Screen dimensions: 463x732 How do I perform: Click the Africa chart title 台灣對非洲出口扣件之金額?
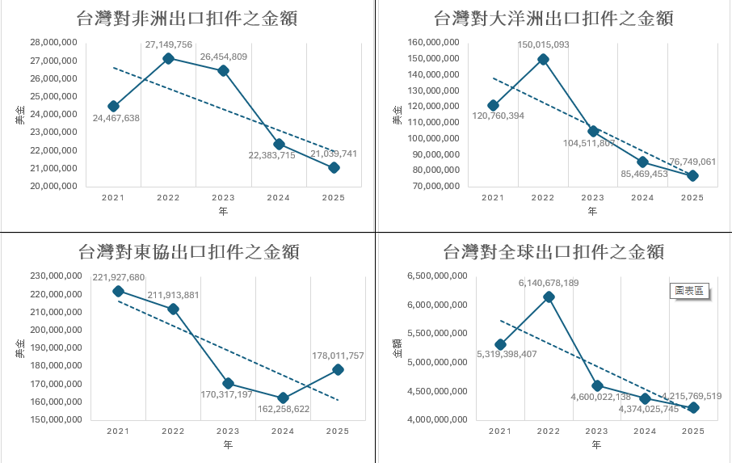pos(187,19)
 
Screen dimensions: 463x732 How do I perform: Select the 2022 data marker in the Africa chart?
pos(168,58)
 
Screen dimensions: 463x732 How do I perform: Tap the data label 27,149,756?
pos(168,44)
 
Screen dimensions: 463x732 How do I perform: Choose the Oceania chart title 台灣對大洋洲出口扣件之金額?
pos(553,19)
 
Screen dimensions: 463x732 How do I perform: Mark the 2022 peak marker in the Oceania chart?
pos(543,59)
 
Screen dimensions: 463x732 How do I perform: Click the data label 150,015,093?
pos(543,44)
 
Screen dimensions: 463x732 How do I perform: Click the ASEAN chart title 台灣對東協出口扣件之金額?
pos(189,252)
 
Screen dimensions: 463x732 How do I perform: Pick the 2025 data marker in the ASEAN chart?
pos(338,369)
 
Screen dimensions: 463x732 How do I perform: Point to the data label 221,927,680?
pos(118,277)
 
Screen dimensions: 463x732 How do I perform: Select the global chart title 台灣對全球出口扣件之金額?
pos(554,252)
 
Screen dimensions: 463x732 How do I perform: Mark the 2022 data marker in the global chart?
pos(549,297)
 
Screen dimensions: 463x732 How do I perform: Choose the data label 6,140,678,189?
pos(549,283)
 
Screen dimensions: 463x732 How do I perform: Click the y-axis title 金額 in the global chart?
pos(397,347)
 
